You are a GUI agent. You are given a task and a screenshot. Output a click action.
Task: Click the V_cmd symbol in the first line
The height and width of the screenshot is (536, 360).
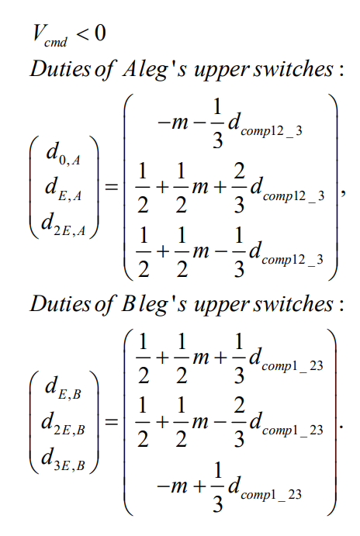click(50, 36)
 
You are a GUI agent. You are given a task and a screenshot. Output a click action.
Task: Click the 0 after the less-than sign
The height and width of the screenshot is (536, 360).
click(100, 33)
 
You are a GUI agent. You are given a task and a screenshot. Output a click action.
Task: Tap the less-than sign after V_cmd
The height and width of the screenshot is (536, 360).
click(82, 34)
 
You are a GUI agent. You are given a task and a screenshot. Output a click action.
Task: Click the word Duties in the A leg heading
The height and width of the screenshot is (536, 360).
click(61, 68)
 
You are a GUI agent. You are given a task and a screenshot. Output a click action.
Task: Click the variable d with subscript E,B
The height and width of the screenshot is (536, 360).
click(64, 389)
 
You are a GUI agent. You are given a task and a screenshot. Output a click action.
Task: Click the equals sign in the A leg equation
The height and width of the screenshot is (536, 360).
click(112, 187)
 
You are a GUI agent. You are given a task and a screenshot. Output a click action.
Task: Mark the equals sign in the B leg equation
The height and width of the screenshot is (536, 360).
click(112, 422)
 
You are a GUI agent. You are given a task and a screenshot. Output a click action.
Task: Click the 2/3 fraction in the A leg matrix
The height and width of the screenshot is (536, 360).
click(239, 188)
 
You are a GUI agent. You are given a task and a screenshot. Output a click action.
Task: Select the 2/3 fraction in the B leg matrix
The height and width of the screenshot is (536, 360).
click(239, 423)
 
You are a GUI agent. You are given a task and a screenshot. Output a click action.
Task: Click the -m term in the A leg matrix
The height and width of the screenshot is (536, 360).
click(173, 123)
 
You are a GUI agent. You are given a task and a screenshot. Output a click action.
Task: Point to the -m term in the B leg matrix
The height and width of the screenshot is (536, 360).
click(172, 486)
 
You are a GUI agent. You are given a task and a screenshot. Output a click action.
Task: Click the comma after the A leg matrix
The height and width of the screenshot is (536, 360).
click(343, 193)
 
